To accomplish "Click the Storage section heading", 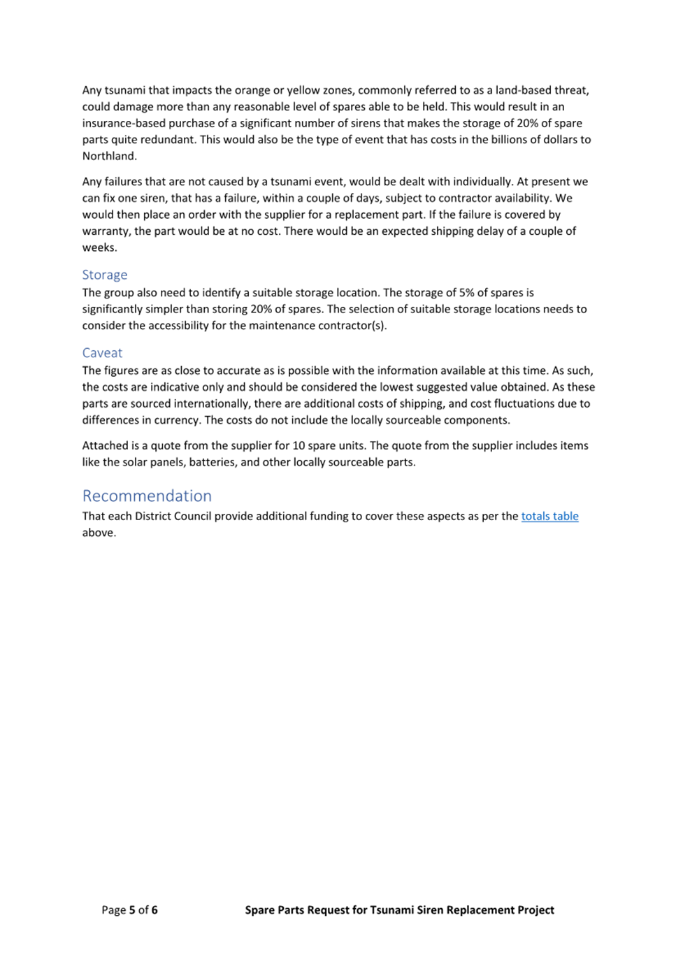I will pyautogui.click(x=105, y=275).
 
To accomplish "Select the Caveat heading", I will pyautogui.click(x=102, y=353).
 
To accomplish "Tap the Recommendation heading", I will pyautogui.click(x=147, y=496).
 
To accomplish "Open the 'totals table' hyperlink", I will pyautogui.click(x=549, y=516).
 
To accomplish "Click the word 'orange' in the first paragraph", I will pyautogui.click(x=252, y=90).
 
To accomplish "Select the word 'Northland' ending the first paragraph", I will pyautogui.click(x=108, y=156).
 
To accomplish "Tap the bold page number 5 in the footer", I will pyautogui.click(x=132, y=910).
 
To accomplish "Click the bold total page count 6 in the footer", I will pyautogui.click(x=154, y=910).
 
